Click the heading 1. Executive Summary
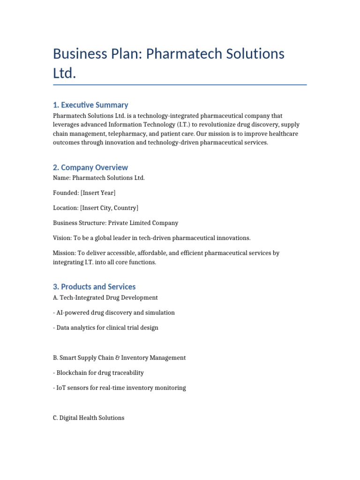(90, 105)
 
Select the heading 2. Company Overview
(90, 167)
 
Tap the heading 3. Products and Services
(94, 286)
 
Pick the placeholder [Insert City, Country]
(109, 208)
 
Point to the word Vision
(62, 238)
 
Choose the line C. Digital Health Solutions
(89, 418)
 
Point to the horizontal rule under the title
(180, 85)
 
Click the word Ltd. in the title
(64, 74)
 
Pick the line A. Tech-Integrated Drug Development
(105, 298)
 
